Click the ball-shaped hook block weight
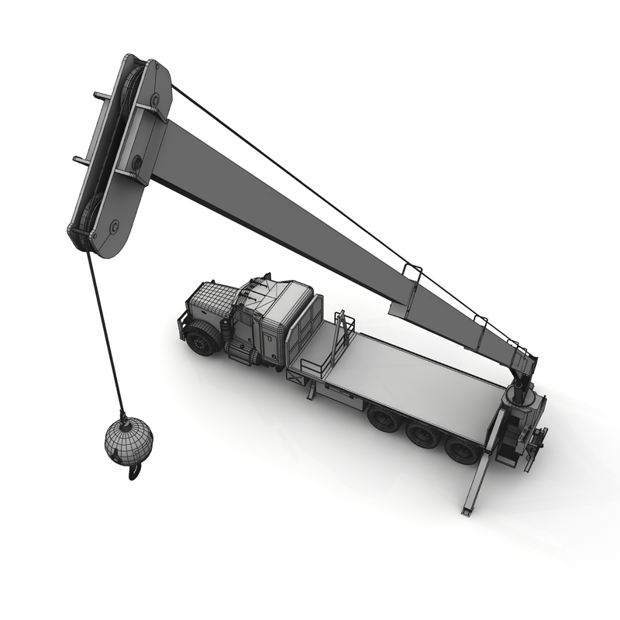click(x=129, y=439)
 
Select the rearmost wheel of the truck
click(x=463, y=449)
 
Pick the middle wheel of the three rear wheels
click(x=423, y=435)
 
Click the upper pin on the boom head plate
click(x=154, y=100)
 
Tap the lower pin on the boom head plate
click(x=114, y=226)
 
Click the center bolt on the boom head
click(x=136, y=162)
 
